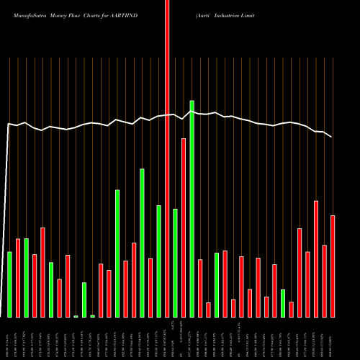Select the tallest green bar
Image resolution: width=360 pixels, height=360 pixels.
tap(192, 209)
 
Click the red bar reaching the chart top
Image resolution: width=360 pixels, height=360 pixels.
tap(167, 158)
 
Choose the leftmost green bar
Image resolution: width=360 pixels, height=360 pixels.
tap(9, 284)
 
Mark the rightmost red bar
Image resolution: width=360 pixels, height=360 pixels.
tap(333, 266)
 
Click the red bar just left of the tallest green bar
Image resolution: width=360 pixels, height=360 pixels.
tap(184, 228)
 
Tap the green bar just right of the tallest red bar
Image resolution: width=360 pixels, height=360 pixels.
tap(175, 263)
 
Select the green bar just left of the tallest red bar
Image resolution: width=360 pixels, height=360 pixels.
tap(158, 261)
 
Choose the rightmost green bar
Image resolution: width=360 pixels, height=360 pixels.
tap(283, 303)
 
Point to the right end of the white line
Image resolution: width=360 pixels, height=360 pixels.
tap(332, 137)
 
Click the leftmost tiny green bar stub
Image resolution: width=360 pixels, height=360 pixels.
tap(76, 316)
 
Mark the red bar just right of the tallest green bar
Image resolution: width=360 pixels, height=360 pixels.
tap(200, 288)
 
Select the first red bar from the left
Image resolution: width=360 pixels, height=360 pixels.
tap(18, 278)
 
